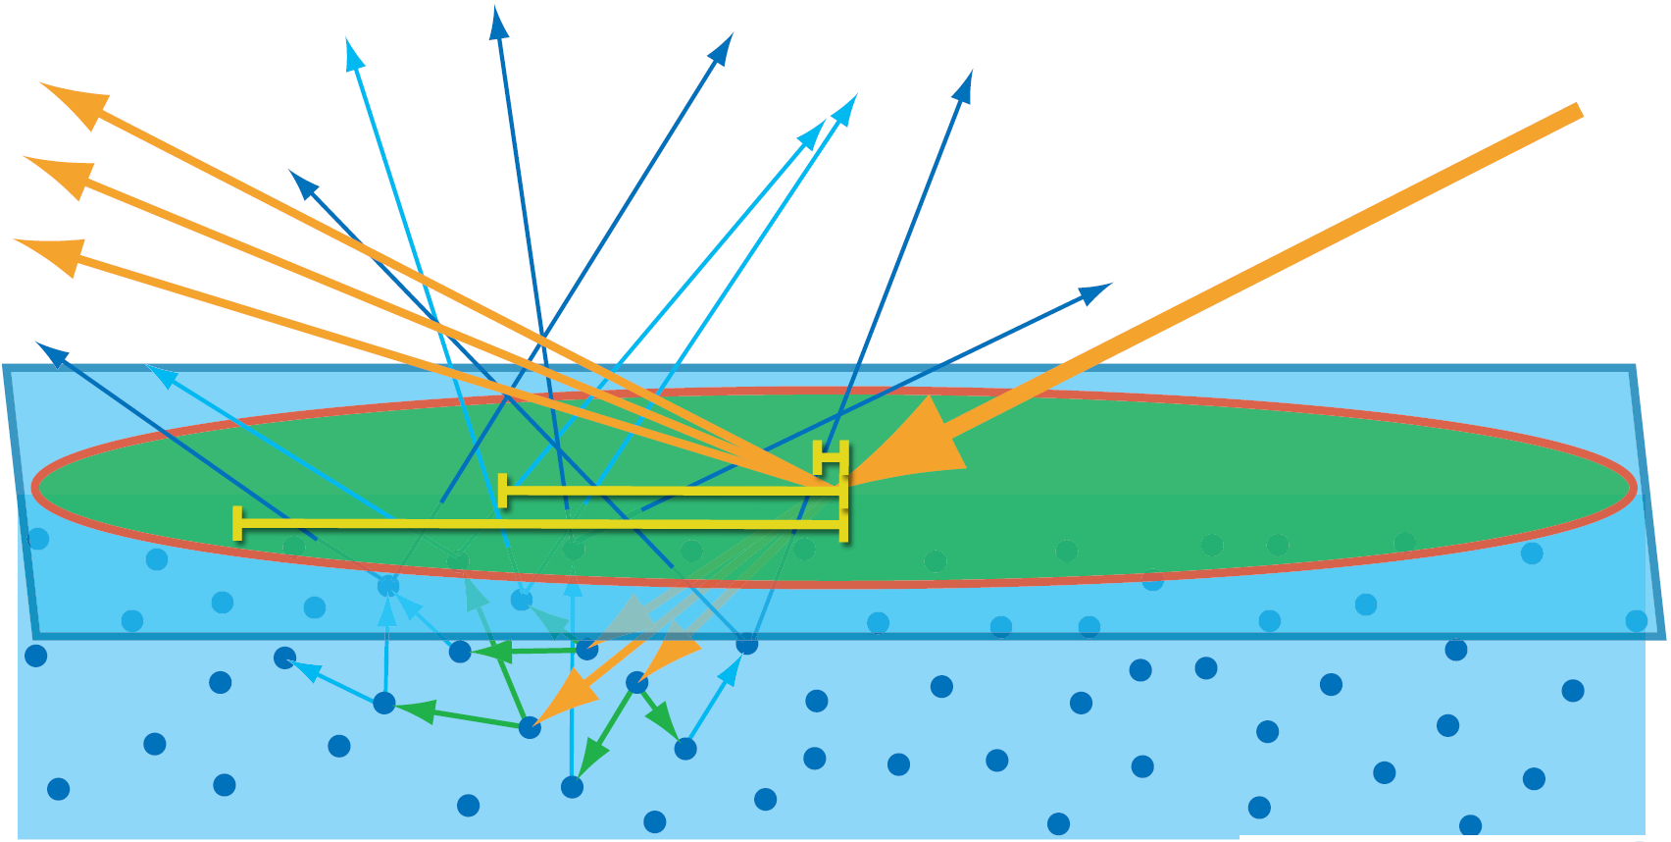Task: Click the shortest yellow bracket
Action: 831,456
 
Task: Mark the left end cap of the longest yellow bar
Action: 237,523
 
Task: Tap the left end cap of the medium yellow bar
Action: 503,490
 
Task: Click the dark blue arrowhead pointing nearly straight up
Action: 499,22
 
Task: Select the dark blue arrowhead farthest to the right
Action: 1095,292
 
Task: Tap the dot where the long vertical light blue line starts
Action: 572,786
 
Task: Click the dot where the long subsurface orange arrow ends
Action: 530,727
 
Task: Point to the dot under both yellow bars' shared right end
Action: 746,644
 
